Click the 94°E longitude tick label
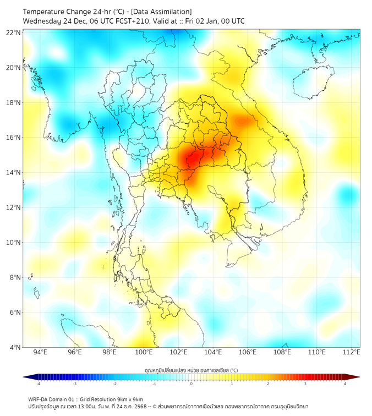point(40,353)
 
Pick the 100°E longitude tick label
point(144,353)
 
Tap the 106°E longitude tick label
point(248,353)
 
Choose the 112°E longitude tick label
point(351,353)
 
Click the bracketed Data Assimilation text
point(164,12)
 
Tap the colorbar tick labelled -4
point(38,384)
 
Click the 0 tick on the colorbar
point(192,384)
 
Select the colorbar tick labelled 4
point(345,384)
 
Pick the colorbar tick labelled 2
point(268,384)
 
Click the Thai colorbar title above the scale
point(191,370)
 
